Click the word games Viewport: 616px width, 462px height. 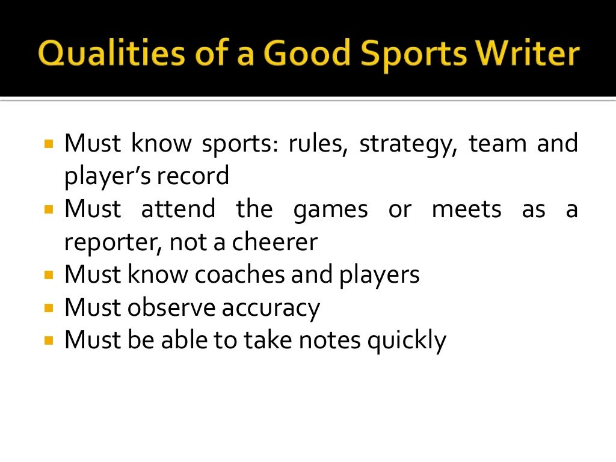coord(330,210)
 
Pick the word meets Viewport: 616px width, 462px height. coord(466,209)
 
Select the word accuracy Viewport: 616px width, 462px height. coord(271,308)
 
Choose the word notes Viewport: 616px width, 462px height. coord(333,340)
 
